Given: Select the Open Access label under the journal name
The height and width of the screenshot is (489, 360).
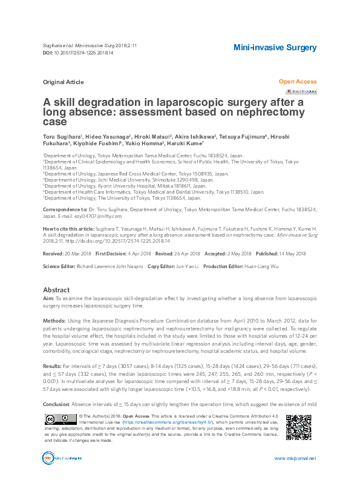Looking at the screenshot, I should [x=297, y=81].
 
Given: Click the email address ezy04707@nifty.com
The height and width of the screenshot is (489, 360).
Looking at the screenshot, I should [x=98, y=216].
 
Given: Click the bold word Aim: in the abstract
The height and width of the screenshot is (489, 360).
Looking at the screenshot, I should [x=48, y=299].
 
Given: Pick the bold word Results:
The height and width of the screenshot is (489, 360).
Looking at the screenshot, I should [x=52, y=367].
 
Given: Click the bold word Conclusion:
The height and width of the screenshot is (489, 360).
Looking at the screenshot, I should [x=56, y=403].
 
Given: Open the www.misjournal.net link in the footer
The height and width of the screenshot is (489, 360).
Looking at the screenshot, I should [x=295, y=459].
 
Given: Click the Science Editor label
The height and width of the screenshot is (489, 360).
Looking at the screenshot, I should [x=61, y=266].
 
